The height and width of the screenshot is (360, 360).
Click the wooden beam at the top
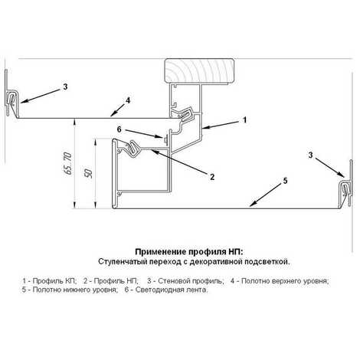tap(199, 70)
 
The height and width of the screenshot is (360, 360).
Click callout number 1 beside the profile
tap(244, 119)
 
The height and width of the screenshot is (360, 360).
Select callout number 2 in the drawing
tap(212, 177)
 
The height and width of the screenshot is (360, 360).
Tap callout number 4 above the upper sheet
tap(128, 100)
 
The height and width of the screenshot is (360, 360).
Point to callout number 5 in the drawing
tap(285, 181)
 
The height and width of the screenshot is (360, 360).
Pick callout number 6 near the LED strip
tap(119, 129)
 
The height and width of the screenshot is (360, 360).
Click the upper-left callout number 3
tap(65, 87)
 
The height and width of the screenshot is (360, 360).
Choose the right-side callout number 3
tap(310, 155)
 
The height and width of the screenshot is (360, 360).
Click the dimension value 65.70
tap(68, 163)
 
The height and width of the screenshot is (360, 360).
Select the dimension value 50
tap(89, 174)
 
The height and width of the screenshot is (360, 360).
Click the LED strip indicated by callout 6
tap(165, 140)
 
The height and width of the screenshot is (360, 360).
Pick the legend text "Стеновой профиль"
tap(191, 281)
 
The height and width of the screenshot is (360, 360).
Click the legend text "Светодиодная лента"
tap(172, 290)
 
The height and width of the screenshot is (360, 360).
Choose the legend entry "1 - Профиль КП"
tap(49, 281)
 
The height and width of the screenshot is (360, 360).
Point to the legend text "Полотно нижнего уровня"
tap(75, 290)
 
